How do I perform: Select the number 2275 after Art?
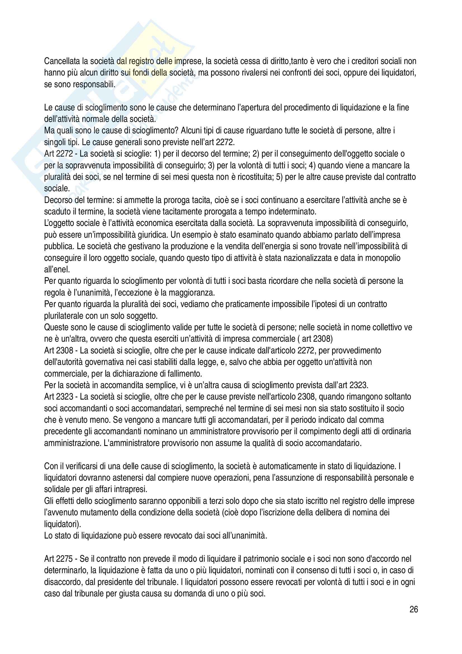(64, 559)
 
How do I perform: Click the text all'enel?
(57, 269)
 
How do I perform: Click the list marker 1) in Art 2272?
(157, 154)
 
